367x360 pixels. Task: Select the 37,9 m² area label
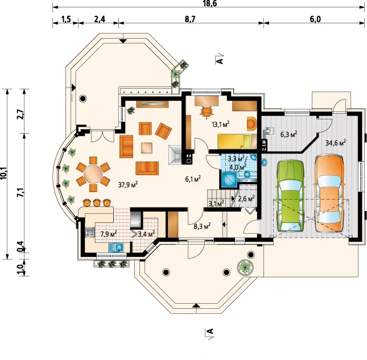click(x=128, y=185)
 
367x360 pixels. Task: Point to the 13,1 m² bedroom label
click(x=220, y=124)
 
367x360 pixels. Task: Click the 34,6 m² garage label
click(x=336, y=143)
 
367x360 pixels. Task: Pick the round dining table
click(x=93, y=175)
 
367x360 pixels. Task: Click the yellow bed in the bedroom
click(x=234, y=141)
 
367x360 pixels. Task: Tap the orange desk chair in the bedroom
click(x=207, y=111)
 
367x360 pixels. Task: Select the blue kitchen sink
click(x=116, y=247)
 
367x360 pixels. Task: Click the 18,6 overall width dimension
click(x=210, y=3)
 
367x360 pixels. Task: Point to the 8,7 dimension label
click(x=190, y=19)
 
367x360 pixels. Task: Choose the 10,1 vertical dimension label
click(x=4, y=174)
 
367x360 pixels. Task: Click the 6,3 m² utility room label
click(x=288, y=135)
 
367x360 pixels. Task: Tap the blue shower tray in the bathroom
click(x=229, y=180)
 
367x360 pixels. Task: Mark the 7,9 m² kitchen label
click(x=109, y=234)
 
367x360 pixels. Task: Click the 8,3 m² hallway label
click(x=202, y=226)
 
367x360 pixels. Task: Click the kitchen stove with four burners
click(x=90, y=232)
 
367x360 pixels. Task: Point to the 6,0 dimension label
click(x=315, y=19)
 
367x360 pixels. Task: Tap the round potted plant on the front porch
click(x=245, y=267)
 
